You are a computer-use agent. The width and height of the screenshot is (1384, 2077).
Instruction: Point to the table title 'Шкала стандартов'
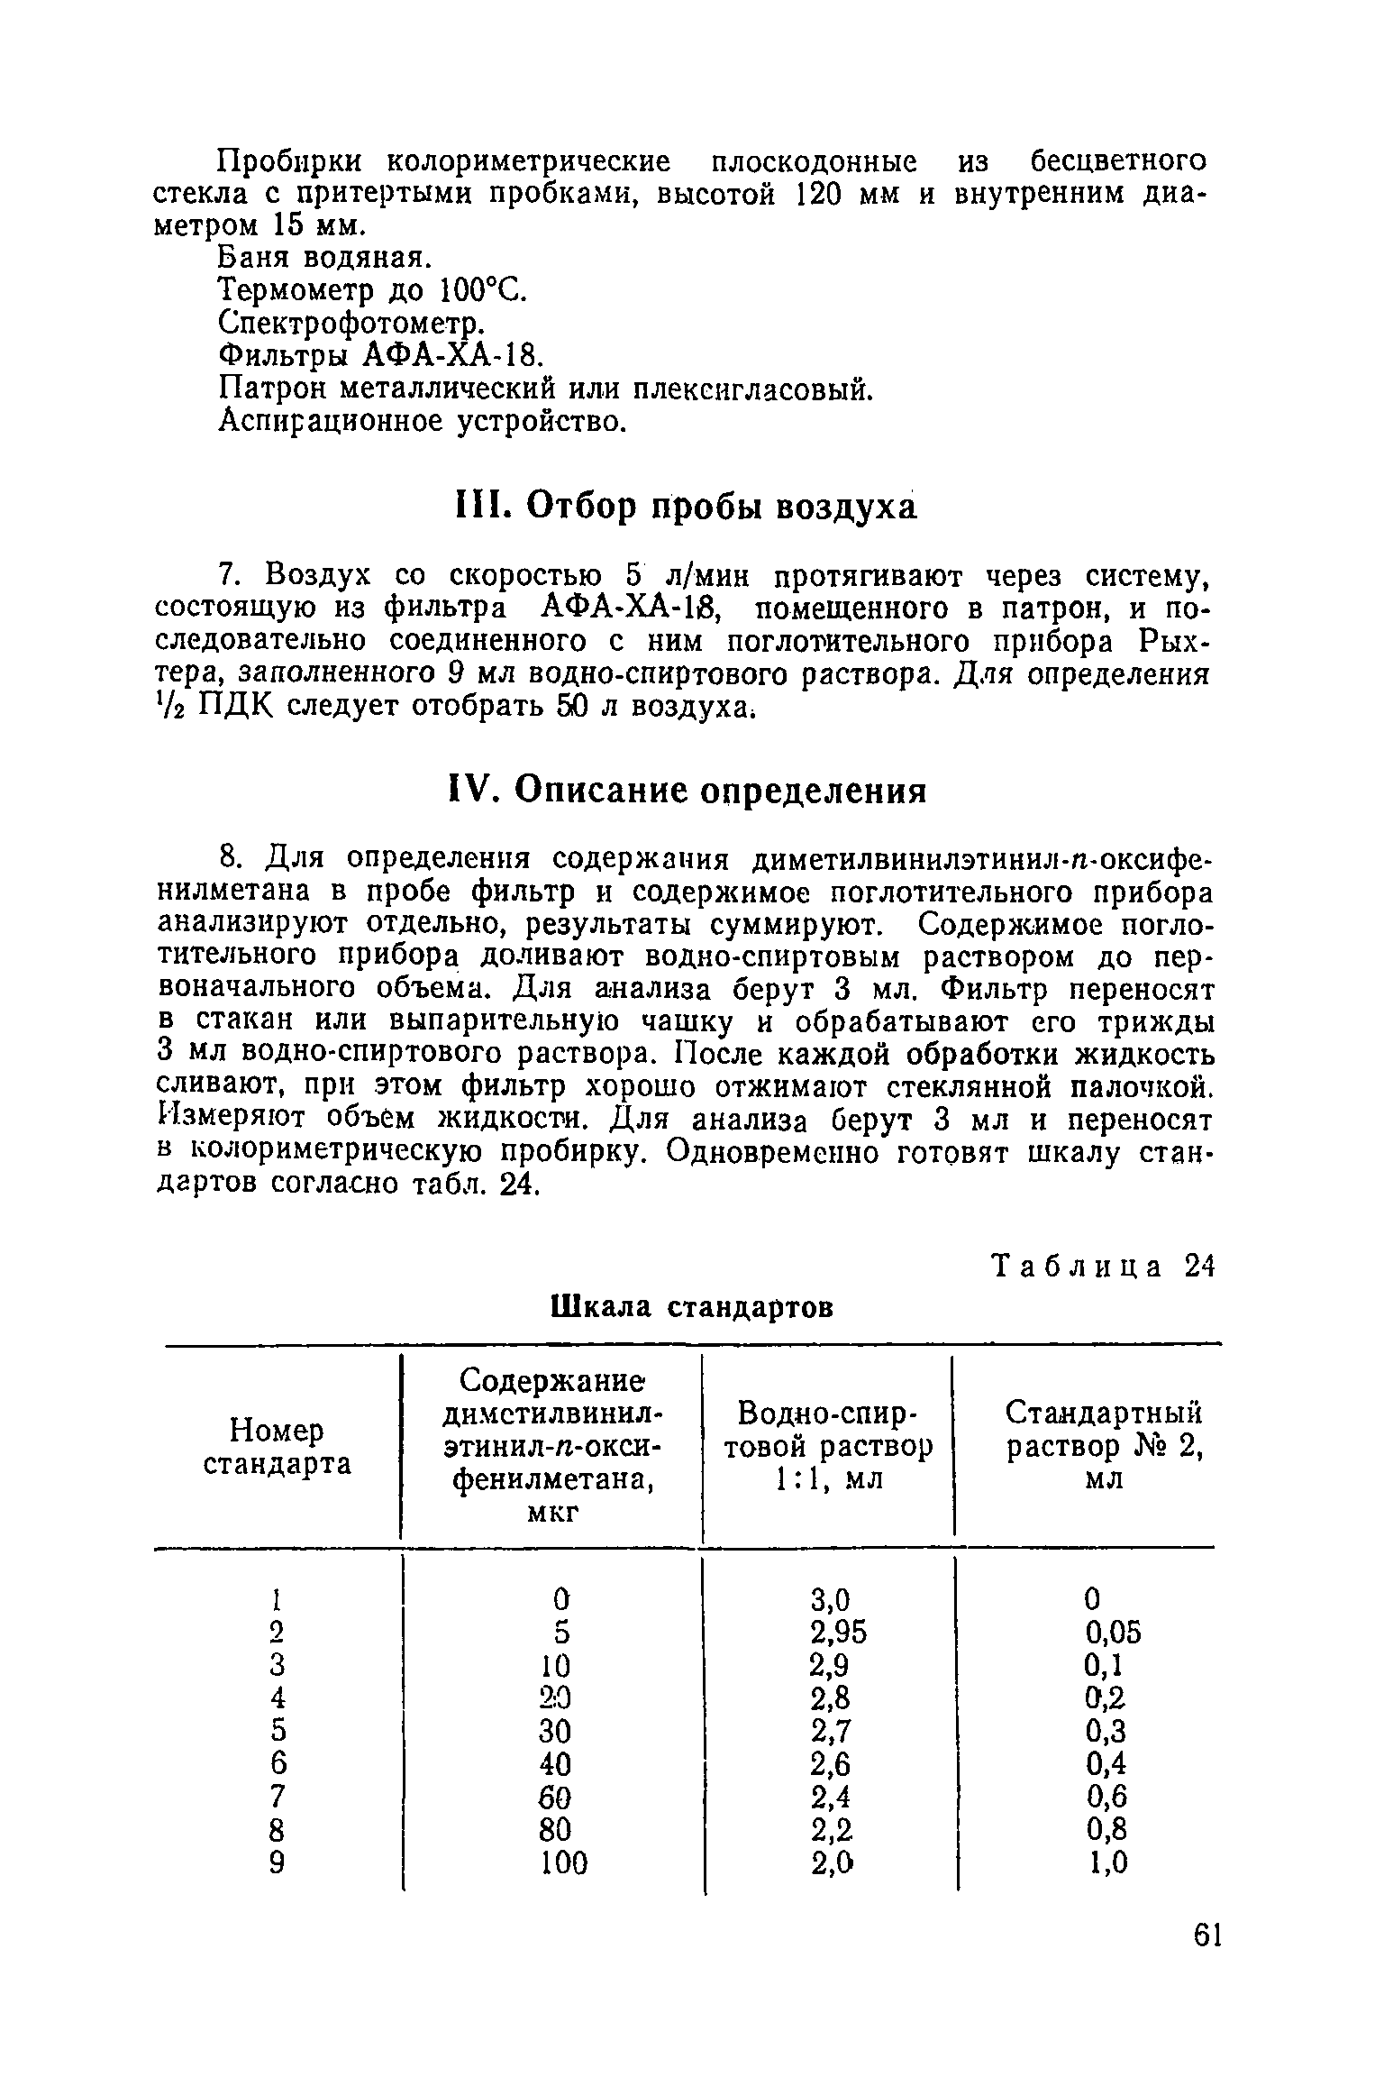pyautogui.click(x=691, y=1305)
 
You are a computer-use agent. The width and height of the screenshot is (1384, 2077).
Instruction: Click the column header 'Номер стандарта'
pyautogui.click(x=278, y=1447)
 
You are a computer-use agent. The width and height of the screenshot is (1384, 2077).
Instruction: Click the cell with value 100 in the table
pyautogui.click(x=562, y=1862)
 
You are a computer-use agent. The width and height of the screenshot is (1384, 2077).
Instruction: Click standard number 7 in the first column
pyautogui.click(x=277, y=1797)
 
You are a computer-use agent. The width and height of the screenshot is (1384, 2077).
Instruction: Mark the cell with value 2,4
pyautogui.click(x=831, y=1797)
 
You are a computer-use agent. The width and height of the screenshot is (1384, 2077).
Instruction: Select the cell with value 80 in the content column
pyautogui.click(x=558, y=1830)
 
